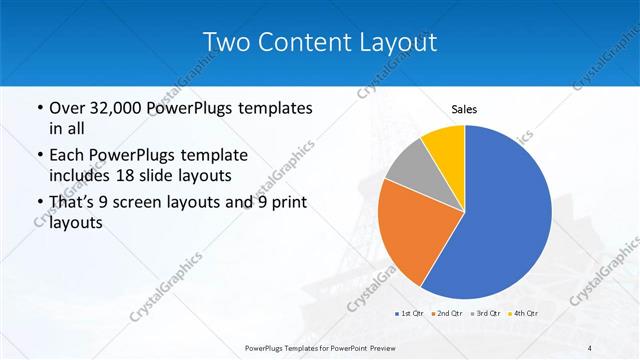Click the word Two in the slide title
(x=225, y=41)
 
